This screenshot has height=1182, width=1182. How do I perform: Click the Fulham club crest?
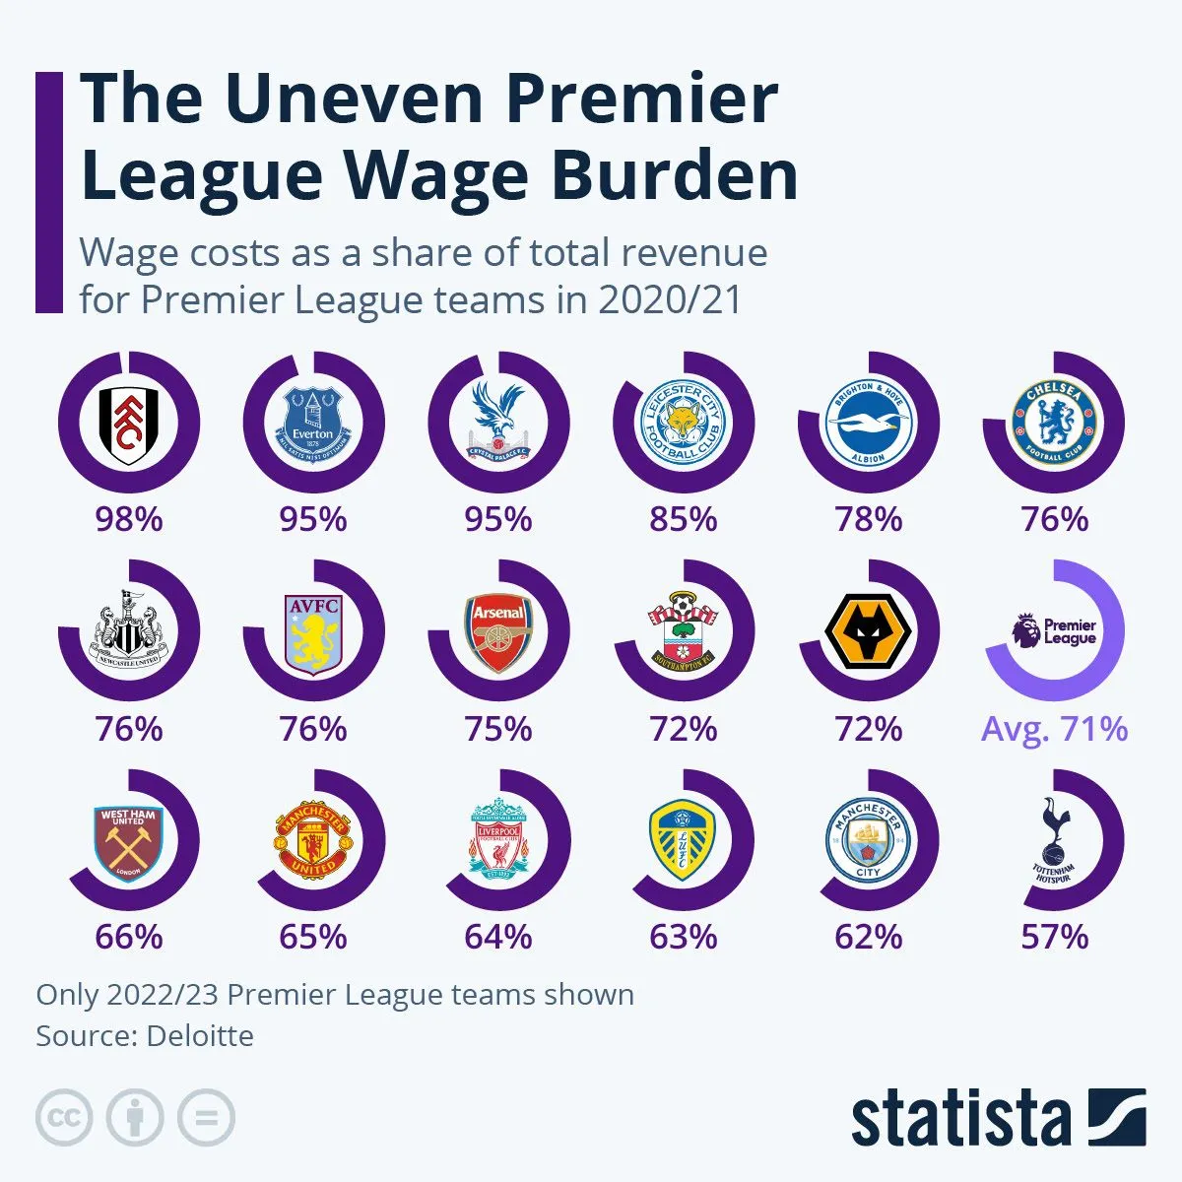128,424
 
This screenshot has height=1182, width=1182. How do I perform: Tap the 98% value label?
128,518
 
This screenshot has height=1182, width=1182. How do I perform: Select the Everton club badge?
313,424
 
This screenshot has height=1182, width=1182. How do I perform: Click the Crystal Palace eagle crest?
498,424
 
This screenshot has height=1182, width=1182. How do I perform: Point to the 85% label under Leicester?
683,518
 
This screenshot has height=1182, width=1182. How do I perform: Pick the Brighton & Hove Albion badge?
868,424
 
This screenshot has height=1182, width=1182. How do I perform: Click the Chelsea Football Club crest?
1054,424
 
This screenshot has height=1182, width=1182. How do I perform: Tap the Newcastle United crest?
128,631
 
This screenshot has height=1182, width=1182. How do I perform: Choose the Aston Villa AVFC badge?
313,631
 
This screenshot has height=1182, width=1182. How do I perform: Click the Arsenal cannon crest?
498,631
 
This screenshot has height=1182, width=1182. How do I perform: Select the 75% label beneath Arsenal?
498,729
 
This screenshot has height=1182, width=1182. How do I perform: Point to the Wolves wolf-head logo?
868,631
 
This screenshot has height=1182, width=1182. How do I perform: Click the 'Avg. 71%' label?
1054,729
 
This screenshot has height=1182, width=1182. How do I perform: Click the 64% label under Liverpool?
498,937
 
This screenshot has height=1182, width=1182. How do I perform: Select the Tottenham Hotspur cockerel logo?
1054,840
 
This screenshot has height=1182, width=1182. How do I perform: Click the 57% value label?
1054,937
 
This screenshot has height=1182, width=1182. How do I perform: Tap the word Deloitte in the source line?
200,1036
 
